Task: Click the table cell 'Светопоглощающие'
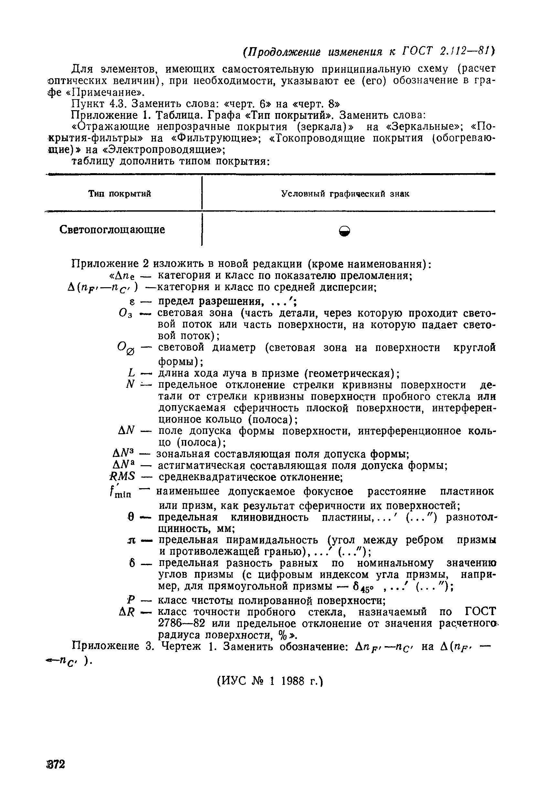112,230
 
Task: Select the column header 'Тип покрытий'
120,194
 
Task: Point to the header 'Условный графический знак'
345,194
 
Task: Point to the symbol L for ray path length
131,373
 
